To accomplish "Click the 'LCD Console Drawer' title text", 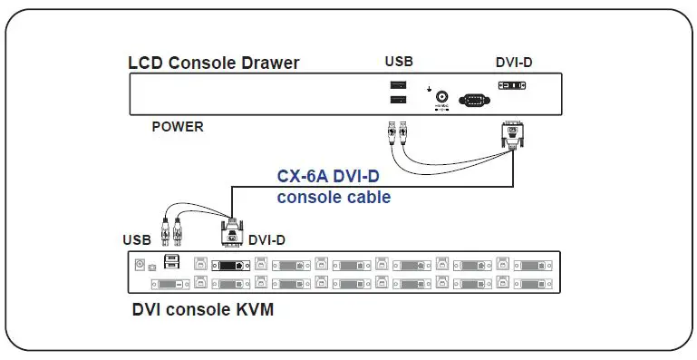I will point(214,63).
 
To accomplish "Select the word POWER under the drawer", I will point(178,127).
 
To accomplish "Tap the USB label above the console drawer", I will point(400,62).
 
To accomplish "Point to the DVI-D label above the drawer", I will point(515,62).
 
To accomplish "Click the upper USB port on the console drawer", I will point(397,85).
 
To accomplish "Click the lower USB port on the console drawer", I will point(397,99).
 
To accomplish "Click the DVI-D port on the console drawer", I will point(512,85).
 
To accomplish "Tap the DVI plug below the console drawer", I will point(514,135).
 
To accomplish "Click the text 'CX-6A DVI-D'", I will point(334,176).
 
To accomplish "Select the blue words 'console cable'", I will point(334,197).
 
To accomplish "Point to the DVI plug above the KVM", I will point(232,232).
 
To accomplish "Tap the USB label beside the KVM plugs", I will point(137,240).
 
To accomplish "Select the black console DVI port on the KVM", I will point(227,266).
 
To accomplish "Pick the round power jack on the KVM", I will point(140,265).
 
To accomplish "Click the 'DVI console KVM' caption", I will point(202,310).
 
